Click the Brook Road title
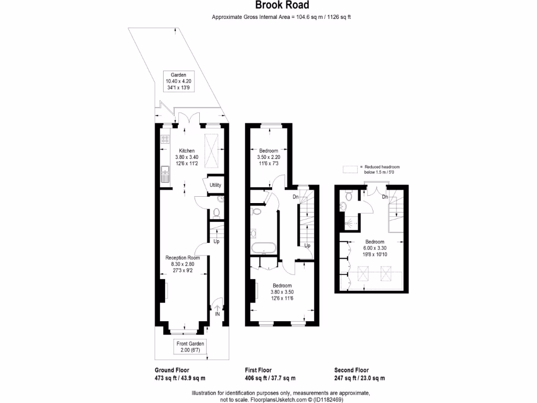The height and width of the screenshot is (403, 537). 282,6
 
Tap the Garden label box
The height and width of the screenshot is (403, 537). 179,81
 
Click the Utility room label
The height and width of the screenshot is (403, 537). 215,185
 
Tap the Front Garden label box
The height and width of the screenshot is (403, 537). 190,346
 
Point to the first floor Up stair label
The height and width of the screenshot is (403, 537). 308,246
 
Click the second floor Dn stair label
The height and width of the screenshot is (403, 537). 384,197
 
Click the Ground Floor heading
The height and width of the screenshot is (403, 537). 172,370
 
